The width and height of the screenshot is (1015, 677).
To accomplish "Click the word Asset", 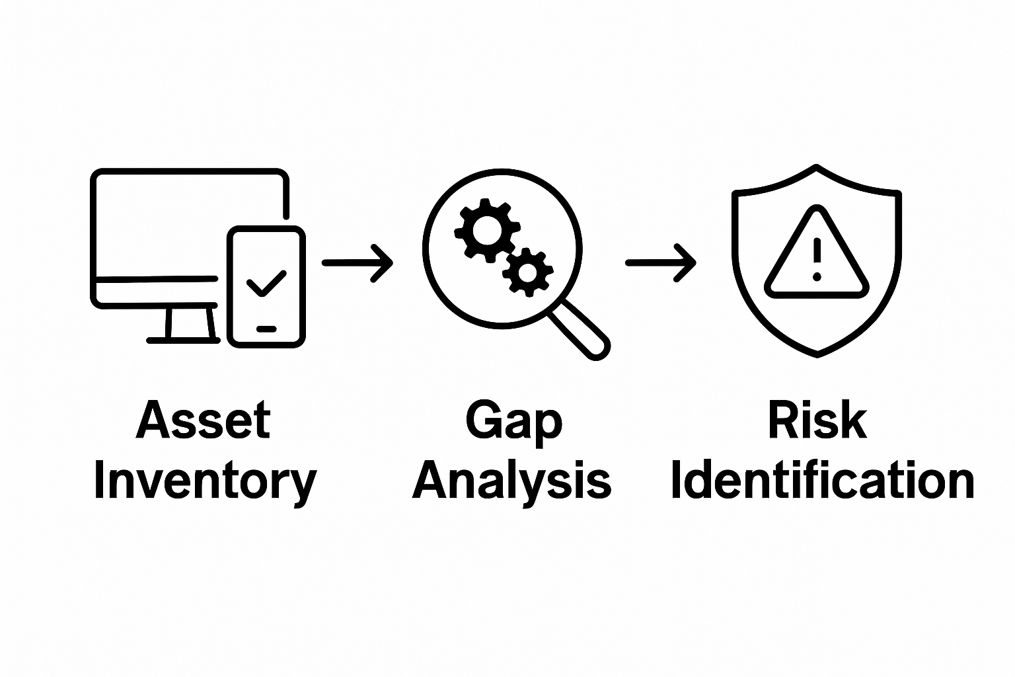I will (204, 420).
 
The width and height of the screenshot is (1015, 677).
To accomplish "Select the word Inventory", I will (205, 481).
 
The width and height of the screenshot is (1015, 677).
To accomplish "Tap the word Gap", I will (513, 420).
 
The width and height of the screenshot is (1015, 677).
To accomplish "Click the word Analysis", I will (512, 481).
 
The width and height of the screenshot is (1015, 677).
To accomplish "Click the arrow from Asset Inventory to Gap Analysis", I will (357, 263).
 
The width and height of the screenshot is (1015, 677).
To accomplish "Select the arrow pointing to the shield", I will (660, 263).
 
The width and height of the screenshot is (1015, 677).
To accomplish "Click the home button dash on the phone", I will (266, 329).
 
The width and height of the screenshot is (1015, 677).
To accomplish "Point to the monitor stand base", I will (183, 340).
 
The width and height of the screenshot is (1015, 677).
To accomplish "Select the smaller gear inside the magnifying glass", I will (527, 272).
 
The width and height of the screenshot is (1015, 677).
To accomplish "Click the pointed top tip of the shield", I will (817, 166).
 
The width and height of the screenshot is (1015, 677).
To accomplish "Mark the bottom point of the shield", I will (817, 356).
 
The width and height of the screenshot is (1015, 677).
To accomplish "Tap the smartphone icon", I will (266, 286).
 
